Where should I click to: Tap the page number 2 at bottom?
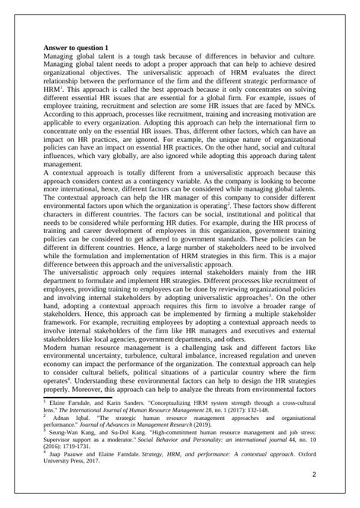click(313, 475)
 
